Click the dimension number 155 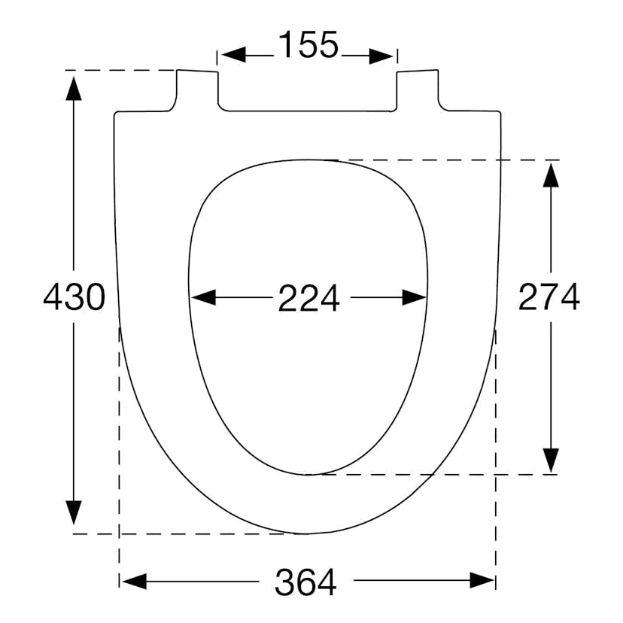(x=308, y=46)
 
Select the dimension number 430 (x=73, y=298)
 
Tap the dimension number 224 (x=308, y=299)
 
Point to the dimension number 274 (x=549, y=298)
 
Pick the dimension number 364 (x=305, y=582)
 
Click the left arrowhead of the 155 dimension (x=230, y=55)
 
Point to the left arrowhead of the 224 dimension (x=202, y=298)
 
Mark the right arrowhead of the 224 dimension (x=415, y=298)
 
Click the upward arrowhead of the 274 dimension (x=552, y=175)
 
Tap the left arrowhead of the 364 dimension (x=133, y=581)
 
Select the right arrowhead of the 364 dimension (x=483, y=581)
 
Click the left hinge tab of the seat (x=197, y=91)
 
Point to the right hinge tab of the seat (x=418, y=91)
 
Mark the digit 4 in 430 (x=53, y=298)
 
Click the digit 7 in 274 (x=549, y=298)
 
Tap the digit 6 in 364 (x=305, y=582)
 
